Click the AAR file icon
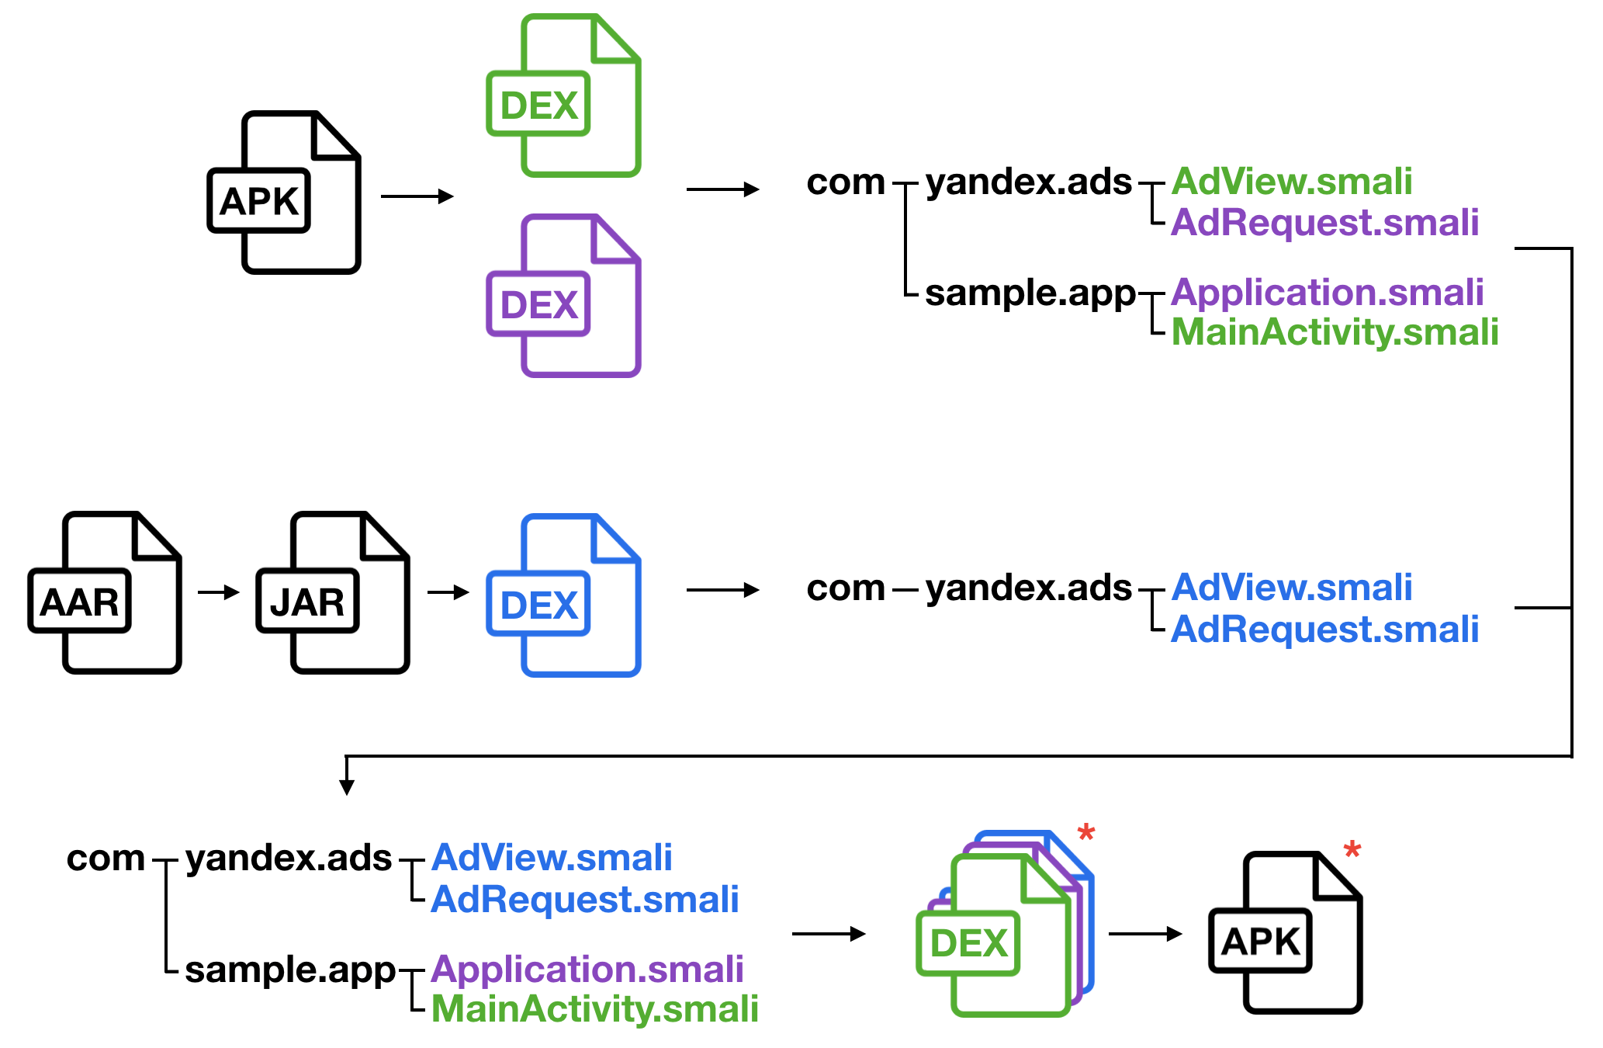pos(105,592)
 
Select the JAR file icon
pos(333,592)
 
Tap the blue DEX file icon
pos(563,595)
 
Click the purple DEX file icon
pos(563,296)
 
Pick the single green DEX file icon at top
pos(563,95)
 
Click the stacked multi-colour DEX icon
pos(1006,924)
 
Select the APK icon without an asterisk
pos(284,193)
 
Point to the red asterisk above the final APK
pos(1352,849)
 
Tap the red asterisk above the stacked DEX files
pos(1086,834)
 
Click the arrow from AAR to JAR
pos(219,592)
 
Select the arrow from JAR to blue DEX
pos(448,592)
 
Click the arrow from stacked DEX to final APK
pos(1145,934)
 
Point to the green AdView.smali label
pos(1292,182)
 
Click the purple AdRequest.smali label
pos(1325,222)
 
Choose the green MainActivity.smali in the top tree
pos(1335,332)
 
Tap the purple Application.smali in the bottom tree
pos(587,969)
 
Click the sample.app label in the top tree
pos(1030,293)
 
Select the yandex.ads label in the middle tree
pos(1029,588)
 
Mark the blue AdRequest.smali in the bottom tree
pos(585,899)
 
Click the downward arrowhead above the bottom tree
pos(347,786)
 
